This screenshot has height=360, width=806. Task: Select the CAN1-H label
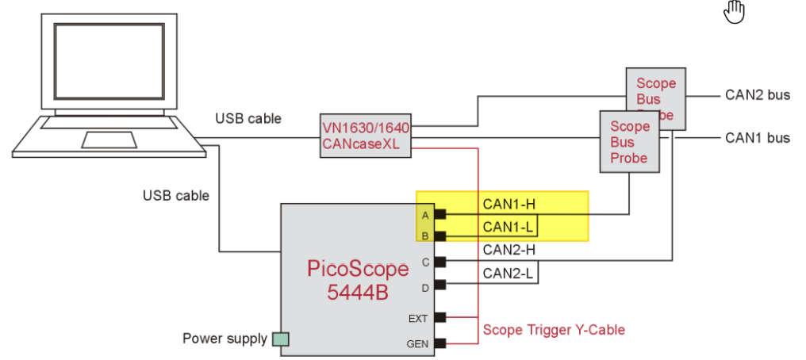(x=509, y=205)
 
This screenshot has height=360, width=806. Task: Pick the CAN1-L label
(x=508, y=228)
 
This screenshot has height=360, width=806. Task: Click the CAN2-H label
(x=509, y=251)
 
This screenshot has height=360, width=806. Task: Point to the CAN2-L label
(x=508, y=274)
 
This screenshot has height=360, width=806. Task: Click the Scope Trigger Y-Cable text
(x=554, y=329)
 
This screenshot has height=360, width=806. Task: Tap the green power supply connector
(x=281, y=339)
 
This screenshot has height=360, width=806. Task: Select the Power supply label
(x=225, y=339)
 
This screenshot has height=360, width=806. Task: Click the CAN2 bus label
(x=758, y=95)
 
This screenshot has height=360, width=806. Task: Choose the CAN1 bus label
(x=758, y=138)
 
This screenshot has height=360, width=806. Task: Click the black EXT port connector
(x=439, y=317)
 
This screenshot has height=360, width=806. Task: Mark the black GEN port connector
(x=439, y=343)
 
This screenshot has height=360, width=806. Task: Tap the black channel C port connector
(x=439, y=261)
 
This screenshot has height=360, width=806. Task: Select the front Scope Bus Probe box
(x=629, y=142)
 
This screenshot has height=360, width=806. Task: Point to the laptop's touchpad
(x=108, y=140)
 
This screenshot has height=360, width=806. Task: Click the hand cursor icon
(x=734, y=12)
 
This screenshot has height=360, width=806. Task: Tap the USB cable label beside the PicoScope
(x=176, y=195)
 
